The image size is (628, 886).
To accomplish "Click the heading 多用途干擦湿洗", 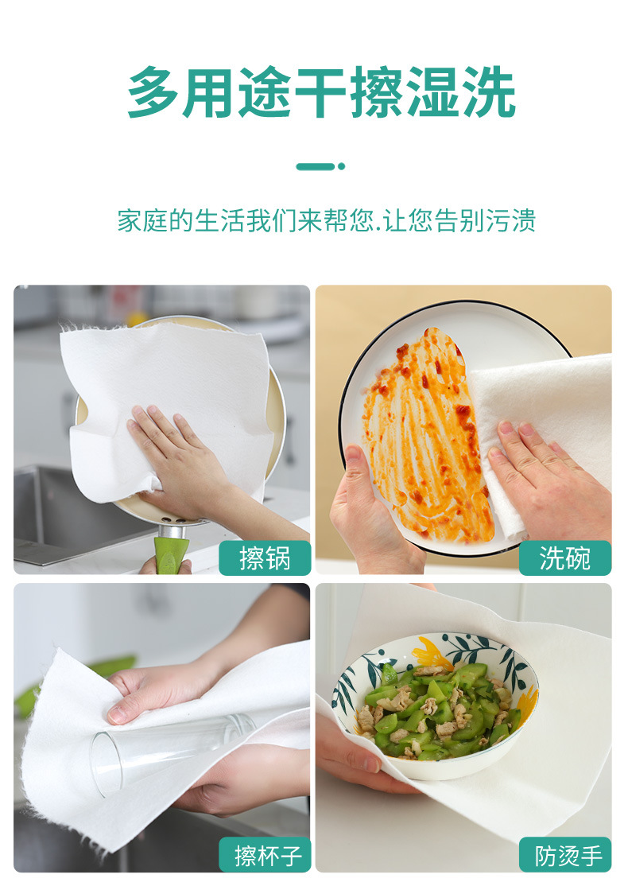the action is (x=321, y=92).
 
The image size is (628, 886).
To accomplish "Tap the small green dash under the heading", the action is (x=320, y=166).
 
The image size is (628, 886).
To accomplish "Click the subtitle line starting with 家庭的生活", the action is (x=326, y=220).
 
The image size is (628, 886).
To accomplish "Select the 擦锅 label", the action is (x=265, y=558).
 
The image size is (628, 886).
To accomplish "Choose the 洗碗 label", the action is (x=564, y=558).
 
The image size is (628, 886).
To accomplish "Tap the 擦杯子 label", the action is (x=265, y=855).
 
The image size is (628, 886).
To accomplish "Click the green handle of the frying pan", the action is (x=171, y=555).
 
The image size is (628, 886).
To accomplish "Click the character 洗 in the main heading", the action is (x=489, y=92).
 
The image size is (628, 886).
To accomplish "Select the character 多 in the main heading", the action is (x=153, y=92).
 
